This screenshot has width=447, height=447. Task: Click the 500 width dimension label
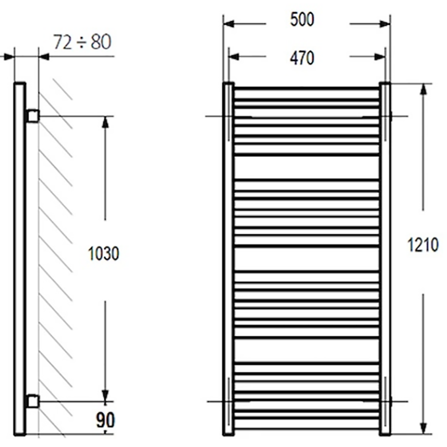coord(302,20)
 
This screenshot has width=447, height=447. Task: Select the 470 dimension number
coord(302,58)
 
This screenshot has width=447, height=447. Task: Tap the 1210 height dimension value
coord(423,245)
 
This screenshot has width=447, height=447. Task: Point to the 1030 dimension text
coord(104,253)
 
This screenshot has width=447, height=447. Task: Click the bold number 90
coord(105,420)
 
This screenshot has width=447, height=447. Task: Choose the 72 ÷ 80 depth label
coord(82,42)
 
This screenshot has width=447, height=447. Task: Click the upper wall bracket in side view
coord(33,116)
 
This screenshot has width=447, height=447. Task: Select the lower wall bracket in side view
coord(33,401)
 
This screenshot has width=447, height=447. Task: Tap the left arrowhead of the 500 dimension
coord(228,24)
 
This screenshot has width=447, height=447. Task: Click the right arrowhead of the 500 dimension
coord(385,24)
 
